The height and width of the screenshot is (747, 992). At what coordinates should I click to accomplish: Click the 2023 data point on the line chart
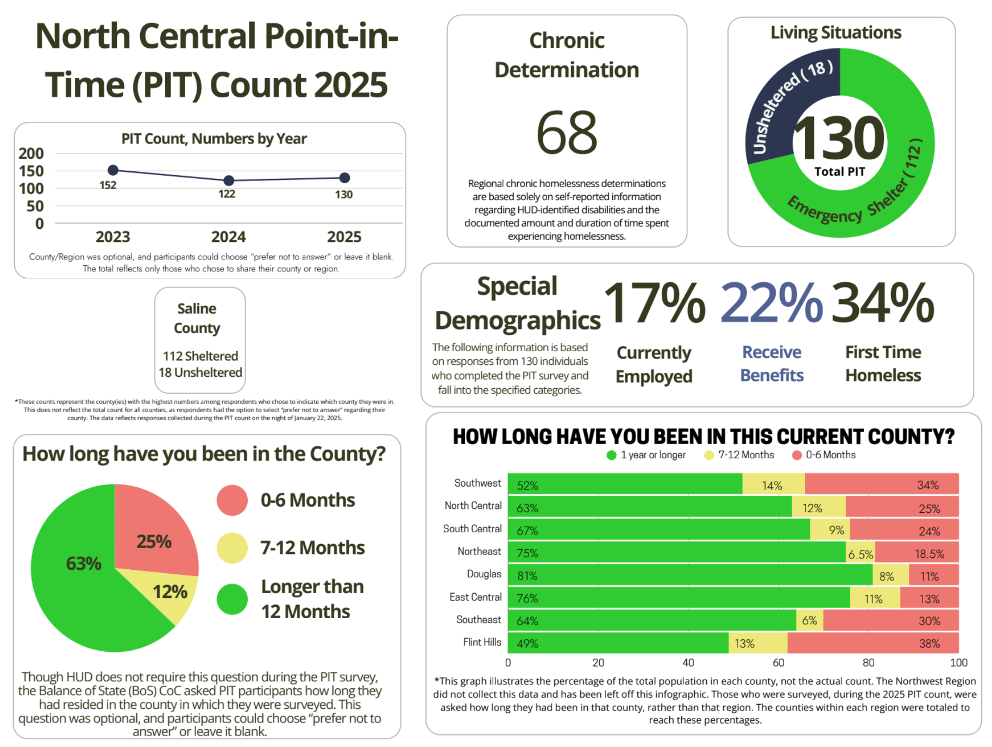click(x=113, y=170)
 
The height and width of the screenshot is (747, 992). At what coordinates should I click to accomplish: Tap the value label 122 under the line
click(x=227, y=194)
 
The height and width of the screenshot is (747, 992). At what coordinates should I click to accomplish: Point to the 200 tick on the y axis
click(x=31, y=154)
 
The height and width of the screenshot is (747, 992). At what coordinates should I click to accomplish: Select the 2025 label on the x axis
click(x=344, y=237)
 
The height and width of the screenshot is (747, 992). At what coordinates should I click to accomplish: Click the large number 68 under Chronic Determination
click(x=567, y=133)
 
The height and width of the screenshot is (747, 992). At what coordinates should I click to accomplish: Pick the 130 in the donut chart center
click(x=839, y=139)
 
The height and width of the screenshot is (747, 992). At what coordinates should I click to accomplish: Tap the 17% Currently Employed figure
click(x=654, y=303)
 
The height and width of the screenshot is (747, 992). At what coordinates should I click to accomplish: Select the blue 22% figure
click(x=771, y=303)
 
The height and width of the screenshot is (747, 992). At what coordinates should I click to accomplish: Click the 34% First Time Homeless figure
click(x=882, y=303)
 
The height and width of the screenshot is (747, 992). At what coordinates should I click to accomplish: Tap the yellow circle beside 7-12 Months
click(x=232, y=547)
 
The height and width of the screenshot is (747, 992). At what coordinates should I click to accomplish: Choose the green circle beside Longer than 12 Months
click(x=232, y=599)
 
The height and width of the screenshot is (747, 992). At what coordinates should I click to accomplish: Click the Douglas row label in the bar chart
click(x=484, y=574)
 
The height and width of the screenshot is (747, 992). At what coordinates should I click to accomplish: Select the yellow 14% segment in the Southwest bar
click(x=773, y=484)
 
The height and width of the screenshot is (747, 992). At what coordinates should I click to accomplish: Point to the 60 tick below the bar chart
click(x=778, y=663)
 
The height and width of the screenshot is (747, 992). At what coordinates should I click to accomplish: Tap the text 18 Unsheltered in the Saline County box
click(x=200, y=373)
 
